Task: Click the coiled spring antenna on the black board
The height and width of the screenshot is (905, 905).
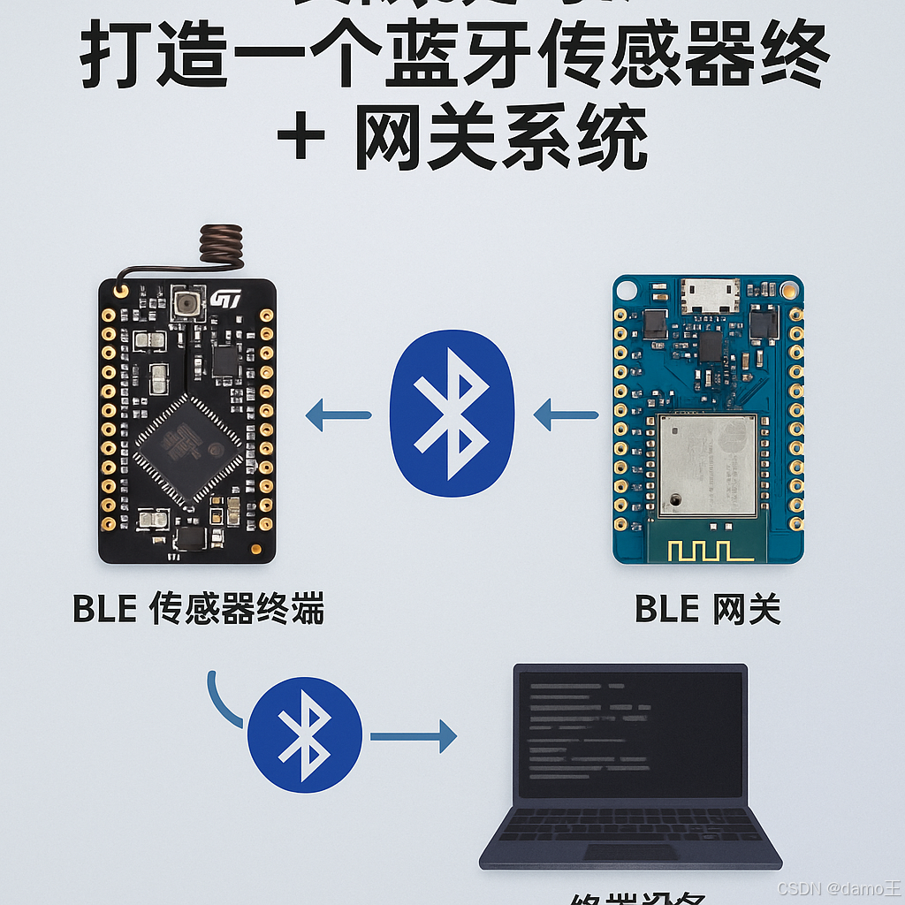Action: (221, 244)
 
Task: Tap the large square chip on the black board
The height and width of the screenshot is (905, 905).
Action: (188, 451)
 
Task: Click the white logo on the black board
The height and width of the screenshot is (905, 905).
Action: (225, 300)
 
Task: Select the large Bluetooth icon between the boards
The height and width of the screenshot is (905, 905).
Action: (452, 414)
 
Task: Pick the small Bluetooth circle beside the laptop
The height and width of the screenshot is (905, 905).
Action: (304, 734)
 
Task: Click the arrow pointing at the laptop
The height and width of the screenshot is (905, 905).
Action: (413, 736)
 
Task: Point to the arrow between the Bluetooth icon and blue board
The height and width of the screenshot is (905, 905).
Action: (567, 414)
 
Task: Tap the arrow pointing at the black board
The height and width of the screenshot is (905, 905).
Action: (338, 414)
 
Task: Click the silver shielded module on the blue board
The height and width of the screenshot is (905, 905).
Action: (707, 465)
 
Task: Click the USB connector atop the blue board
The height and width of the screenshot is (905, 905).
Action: (710, 295)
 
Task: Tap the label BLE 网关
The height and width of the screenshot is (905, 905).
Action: (707, 610)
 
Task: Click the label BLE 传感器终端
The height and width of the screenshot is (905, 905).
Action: (198, 610)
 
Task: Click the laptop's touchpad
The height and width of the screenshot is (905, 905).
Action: (629, 852)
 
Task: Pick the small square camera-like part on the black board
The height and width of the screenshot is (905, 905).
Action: (186, 303)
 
